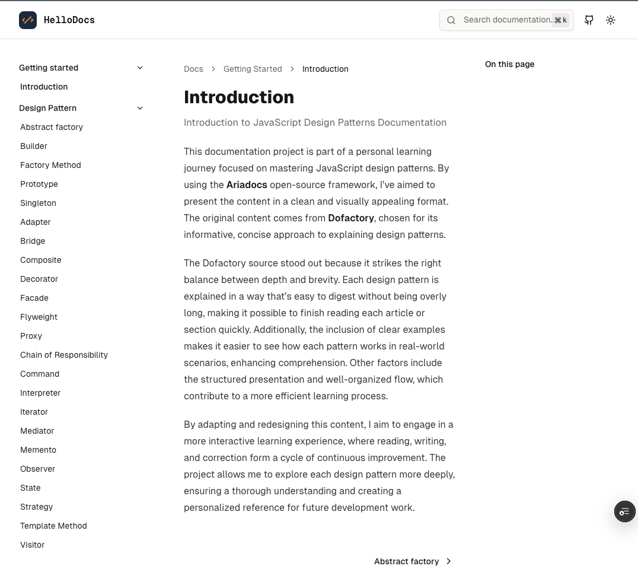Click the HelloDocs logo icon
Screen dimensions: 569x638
point(28,20)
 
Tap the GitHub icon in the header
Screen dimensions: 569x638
point(589,20)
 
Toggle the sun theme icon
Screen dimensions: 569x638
point(611,20)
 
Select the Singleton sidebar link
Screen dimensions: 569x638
point(38,203)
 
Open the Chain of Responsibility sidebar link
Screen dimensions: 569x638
point(64,355)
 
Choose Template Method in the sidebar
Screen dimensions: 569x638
point(53,526)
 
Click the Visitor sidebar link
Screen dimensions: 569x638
point(33,545)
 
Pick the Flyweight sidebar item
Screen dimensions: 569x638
point(39,317)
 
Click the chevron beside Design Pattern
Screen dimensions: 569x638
point(140,108)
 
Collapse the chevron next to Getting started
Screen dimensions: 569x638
point(140,68)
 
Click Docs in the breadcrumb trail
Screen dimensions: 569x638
point(193,69)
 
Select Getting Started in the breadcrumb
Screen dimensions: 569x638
point(253,69)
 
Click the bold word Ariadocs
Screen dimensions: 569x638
point(247,185)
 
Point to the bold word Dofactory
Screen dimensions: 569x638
point(351,218)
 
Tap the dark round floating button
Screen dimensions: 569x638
point(624,511)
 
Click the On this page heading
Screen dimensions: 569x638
point(509,64)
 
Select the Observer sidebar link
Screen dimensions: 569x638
point(37,469)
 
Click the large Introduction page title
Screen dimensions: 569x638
point(239,97)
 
